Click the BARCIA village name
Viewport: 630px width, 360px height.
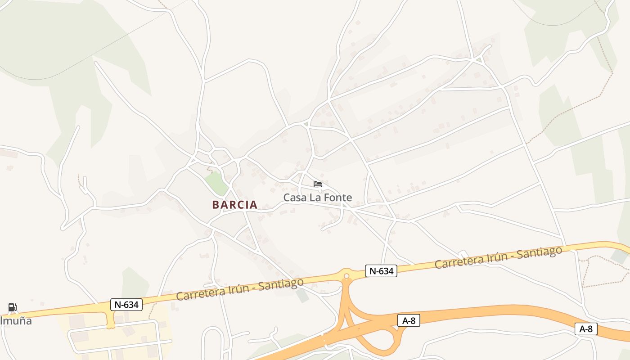235,205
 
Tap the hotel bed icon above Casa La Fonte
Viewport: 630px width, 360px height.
318,184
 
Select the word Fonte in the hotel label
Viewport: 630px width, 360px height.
337,198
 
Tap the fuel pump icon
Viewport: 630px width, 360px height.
13,308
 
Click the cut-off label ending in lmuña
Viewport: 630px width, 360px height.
16,321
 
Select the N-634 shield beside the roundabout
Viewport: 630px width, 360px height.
381,271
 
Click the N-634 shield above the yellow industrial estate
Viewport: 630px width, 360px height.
126,305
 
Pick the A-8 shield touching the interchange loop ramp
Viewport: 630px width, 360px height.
409,320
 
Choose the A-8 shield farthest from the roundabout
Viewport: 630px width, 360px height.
586,329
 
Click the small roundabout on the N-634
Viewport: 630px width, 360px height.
346,275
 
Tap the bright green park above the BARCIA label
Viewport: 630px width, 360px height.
216,182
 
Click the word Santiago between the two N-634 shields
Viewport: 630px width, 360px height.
281,283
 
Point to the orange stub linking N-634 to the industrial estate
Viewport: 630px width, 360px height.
110,319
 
